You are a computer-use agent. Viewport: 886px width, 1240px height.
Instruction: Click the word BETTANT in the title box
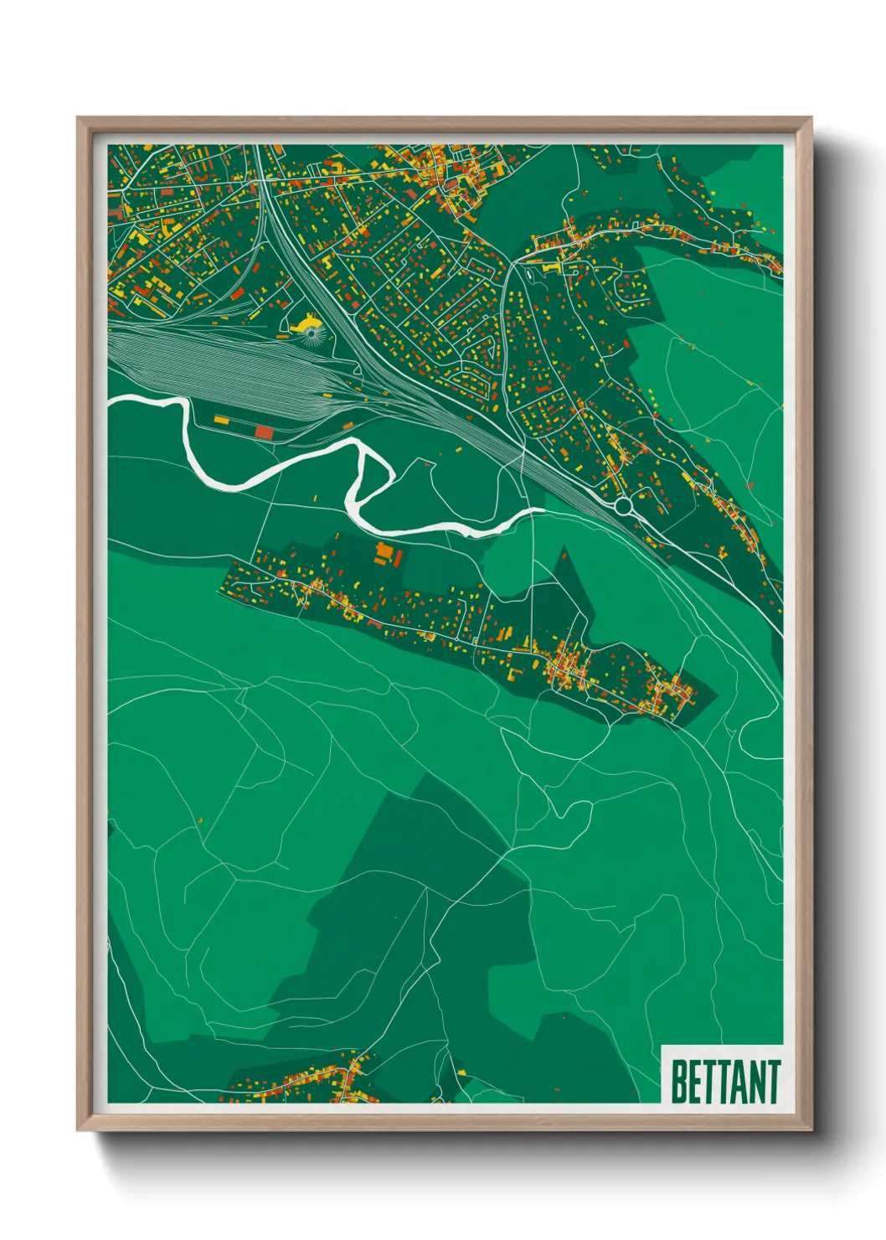(725, 1082)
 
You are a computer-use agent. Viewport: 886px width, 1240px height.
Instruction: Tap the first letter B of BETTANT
(679, 1082)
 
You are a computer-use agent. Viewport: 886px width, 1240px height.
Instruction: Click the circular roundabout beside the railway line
(622, 506)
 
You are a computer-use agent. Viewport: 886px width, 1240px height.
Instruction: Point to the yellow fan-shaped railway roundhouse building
(306, 322)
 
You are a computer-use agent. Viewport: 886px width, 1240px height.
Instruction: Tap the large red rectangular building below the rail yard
(264, 431)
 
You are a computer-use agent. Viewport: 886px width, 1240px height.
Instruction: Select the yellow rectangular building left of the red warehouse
(222, 420)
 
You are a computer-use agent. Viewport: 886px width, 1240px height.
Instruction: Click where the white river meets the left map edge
(111, 401)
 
